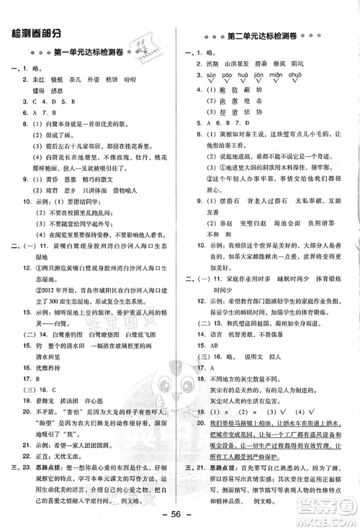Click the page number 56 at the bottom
[179, 516]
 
